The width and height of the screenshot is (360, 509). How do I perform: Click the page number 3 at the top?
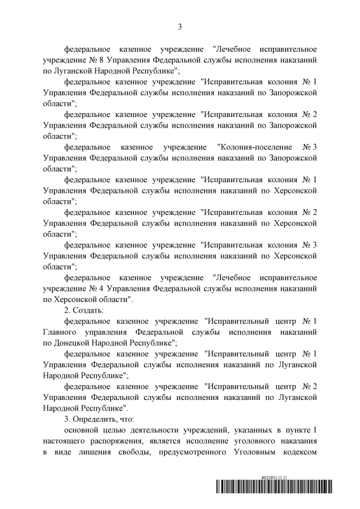click(x=180, y=26)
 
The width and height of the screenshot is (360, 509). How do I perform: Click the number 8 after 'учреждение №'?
click(x=101, y=59)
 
